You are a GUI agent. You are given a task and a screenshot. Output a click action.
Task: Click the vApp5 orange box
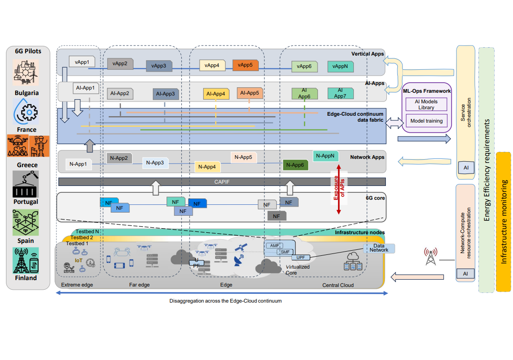tap(245, 65)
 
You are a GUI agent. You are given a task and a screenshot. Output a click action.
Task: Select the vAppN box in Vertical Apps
tap(340, 66)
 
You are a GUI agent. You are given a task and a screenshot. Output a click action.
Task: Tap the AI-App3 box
tap(165, 94)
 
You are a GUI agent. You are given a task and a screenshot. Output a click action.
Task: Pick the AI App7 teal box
tap(340, 93)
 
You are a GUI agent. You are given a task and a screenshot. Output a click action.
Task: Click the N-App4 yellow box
tap(208, 167)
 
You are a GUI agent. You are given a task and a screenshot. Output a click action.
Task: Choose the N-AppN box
tap(326, 156)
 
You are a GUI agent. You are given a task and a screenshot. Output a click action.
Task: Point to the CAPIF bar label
tap(222, 182)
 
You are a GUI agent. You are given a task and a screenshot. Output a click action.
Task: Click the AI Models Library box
tap(426, 104)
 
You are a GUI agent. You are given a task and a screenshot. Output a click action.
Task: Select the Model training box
tap(426, 121)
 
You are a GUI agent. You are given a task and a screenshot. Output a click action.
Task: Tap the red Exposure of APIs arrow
tap(338, 189)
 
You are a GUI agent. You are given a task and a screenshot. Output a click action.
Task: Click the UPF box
tap(301, 258)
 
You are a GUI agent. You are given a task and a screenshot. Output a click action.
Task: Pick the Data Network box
tap(379, 248)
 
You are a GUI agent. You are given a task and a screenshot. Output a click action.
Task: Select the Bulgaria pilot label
tap(26, 93)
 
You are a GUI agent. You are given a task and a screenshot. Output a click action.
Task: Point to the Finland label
tap(26, 278)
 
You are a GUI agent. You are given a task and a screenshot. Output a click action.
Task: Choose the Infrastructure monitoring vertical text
tap(504, 222)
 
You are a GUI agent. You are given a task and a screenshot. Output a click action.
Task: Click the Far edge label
tap(139, 285)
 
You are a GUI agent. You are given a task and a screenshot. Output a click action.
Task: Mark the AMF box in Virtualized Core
tap(274, 246)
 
